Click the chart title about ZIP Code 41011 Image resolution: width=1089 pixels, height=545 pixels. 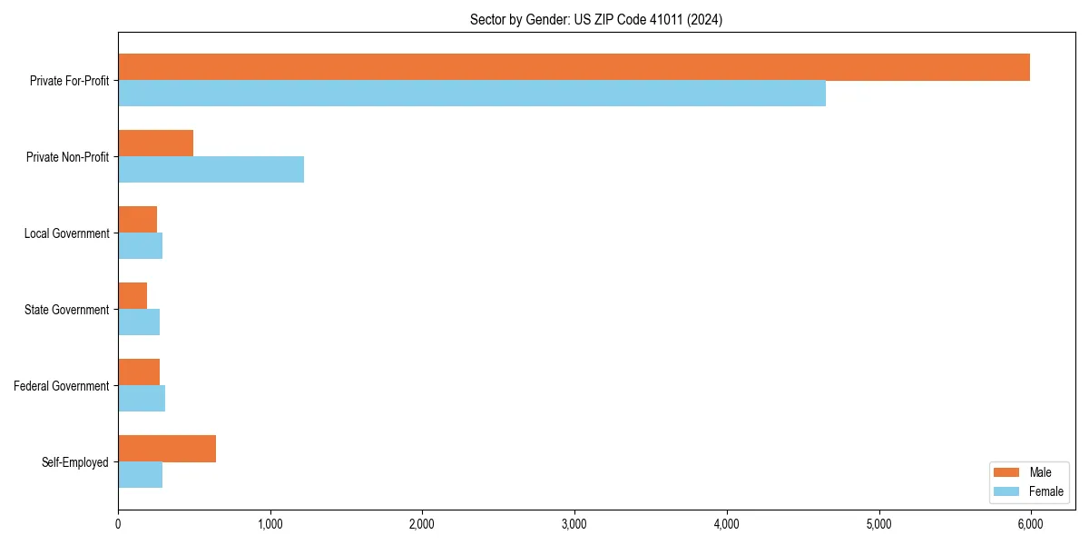(x=596, y=19)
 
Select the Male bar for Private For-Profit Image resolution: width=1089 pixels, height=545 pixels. (x=574, y=67)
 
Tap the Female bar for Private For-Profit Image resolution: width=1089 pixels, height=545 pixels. (x=472, y=94)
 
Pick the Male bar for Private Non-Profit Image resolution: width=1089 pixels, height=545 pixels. (x=155, y=144)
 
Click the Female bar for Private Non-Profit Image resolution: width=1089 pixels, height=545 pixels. (x=211, y=170)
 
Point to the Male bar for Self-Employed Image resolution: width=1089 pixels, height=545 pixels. (x=167, y=449)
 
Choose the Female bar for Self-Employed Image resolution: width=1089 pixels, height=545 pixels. (x=140, y=475)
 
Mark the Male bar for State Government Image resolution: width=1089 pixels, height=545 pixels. (x=132, y=296)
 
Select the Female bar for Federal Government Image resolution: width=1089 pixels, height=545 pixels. (x=142, y=399)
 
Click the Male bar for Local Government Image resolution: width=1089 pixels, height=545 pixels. (x=137, y=220)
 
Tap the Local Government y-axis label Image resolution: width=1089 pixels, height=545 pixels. (x=66, y=233)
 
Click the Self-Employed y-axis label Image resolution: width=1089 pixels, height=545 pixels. (x=74, y=462)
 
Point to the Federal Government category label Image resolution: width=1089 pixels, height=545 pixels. (x=61, y=386)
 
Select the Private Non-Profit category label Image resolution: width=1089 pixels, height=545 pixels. (x=67, y=157)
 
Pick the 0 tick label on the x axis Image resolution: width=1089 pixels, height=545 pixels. (x=118, y=524)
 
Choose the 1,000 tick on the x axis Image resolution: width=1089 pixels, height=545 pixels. (x=270, y=524)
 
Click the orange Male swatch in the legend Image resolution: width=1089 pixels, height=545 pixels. (x=1007, y=472)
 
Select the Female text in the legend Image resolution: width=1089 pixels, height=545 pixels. (x=1045, y=491)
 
